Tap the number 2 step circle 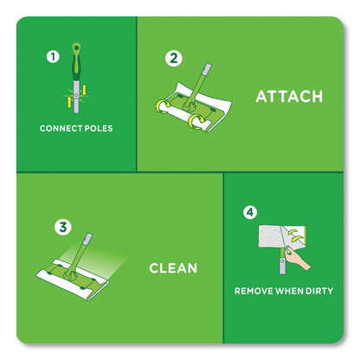point(175,58)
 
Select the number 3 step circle point(62,228)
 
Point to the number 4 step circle point(250,210)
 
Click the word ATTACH point(289,95)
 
